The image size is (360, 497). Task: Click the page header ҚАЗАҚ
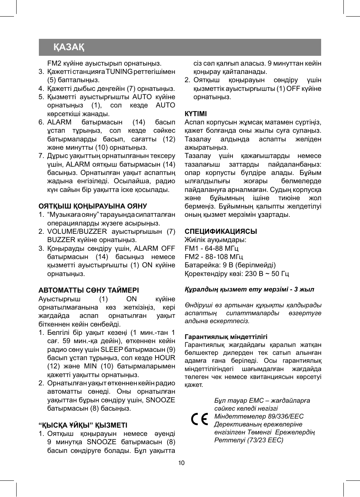pos(69,47)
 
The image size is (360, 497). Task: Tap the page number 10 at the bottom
pos(181,463)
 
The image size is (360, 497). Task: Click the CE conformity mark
pos(199,419)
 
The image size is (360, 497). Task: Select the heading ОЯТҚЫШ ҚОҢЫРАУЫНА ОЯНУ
pos(92,206)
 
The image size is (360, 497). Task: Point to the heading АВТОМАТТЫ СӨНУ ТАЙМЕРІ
pos(88,290)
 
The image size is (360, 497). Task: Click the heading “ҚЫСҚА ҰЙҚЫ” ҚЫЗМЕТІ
pos(83,425)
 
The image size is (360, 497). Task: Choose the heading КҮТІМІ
pos(195,114)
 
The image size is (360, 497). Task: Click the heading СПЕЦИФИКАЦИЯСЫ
pos(220,232)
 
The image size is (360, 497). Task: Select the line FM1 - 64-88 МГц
pos(211,249)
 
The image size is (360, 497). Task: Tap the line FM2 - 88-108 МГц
pos(214,257)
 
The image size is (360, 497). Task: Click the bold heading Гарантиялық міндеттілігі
pos(226,337)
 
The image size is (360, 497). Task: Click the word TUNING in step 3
pos(119,72)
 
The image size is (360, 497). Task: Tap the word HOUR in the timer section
pos(165,358)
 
